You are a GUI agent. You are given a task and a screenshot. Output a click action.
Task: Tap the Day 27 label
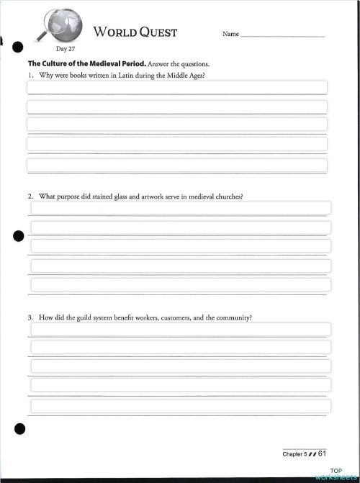[66, 49]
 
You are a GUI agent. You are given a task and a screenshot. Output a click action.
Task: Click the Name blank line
[282, 35]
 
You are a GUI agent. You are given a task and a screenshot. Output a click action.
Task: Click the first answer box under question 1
[176, 88]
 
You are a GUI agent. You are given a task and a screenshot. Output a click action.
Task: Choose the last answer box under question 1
[176, 165]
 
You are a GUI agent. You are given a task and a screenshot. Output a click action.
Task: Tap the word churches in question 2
[228, 196]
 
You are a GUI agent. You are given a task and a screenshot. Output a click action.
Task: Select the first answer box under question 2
[180, 208]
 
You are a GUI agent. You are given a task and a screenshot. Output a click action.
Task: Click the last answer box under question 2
[180, 284]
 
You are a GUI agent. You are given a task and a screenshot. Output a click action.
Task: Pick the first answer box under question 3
[180, 329]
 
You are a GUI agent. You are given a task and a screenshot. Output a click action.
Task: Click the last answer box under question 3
[180, 405]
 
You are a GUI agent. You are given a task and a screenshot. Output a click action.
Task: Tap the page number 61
[322, 453]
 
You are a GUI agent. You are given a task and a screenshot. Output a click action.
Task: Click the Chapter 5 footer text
[294, 454]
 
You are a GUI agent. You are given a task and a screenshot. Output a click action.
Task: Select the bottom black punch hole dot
[19, 430]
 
